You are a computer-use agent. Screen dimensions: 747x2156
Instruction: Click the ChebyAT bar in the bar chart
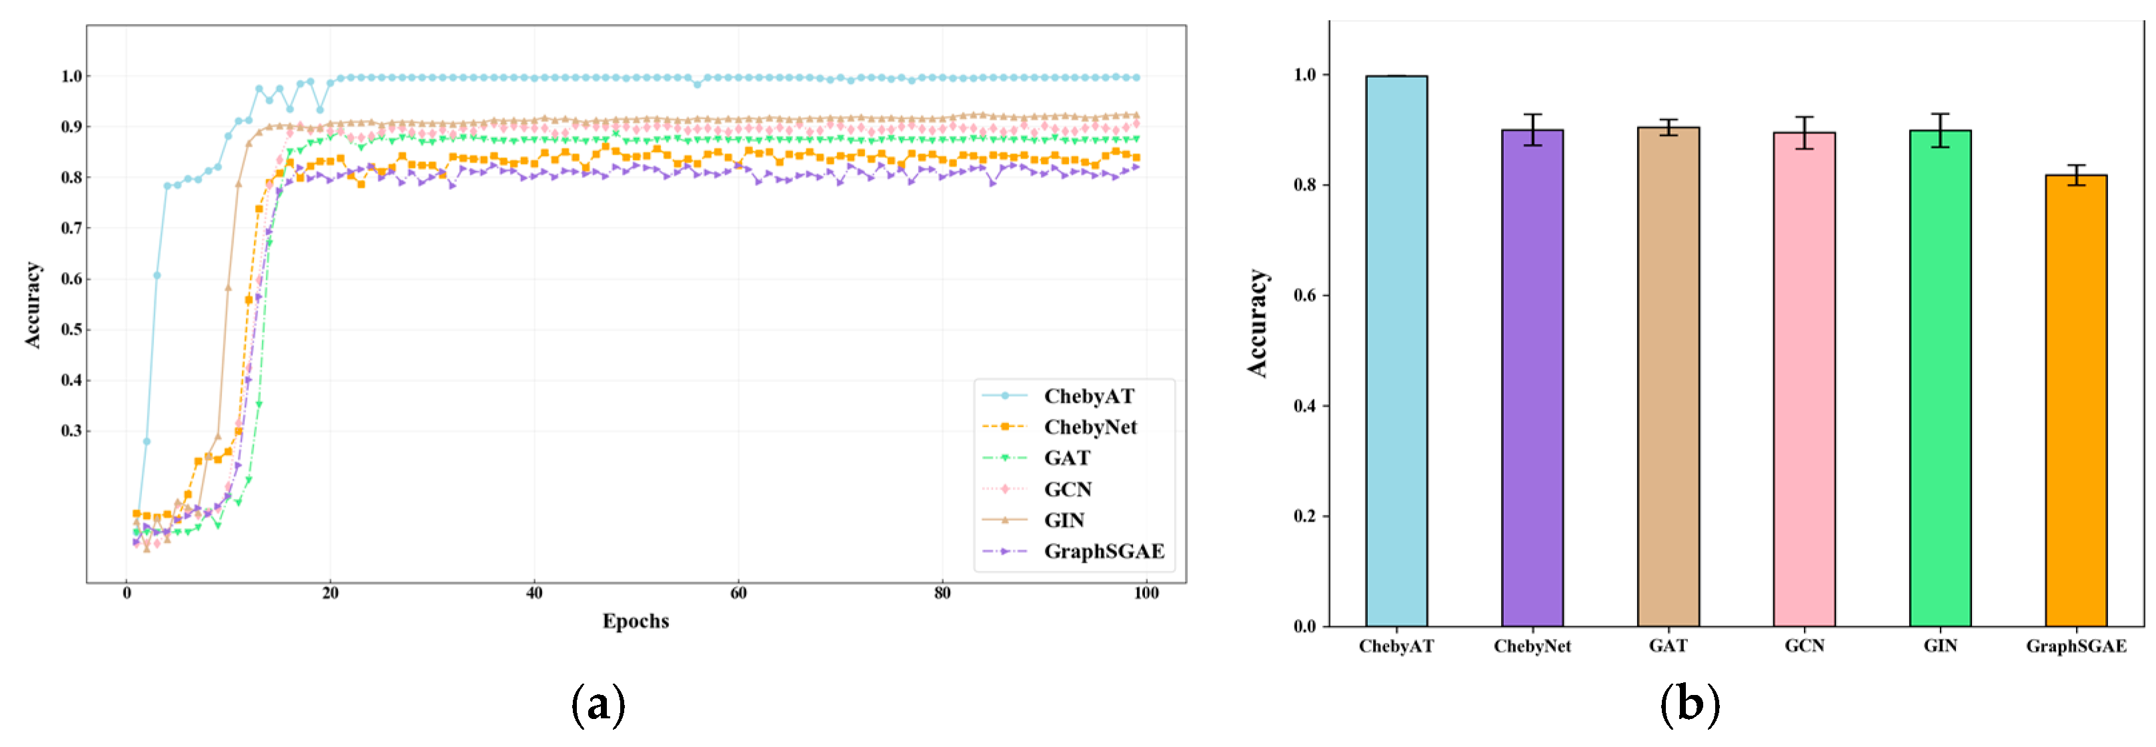1396,351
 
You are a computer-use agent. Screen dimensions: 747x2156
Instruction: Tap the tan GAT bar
1668,377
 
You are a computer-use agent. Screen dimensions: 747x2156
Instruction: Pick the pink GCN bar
1804,380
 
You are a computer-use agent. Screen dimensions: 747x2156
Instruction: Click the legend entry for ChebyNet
1090,427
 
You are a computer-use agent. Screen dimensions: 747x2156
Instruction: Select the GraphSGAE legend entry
1103,551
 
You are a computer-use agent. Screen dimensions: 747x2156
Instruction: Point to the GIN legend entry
1064,520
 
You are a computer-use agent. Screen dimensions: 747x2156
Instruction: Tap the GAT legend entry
1066,458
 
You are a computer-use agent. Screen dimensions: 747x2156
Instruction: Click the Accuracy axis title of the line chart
32,305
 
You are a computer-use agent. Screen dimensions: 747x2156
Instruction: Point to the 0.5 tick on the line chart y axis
71,329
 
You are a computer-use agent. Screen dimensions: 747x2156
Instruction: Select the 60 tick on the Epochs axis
738,594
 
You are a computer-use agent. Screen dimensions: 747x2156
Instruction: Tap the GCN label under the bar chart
1804,646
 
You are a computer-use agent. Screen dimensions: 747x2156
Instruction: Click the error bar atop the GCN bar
1804,132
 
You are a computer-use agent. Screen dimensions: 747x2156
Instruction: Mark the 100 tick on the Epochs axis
1146,594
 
